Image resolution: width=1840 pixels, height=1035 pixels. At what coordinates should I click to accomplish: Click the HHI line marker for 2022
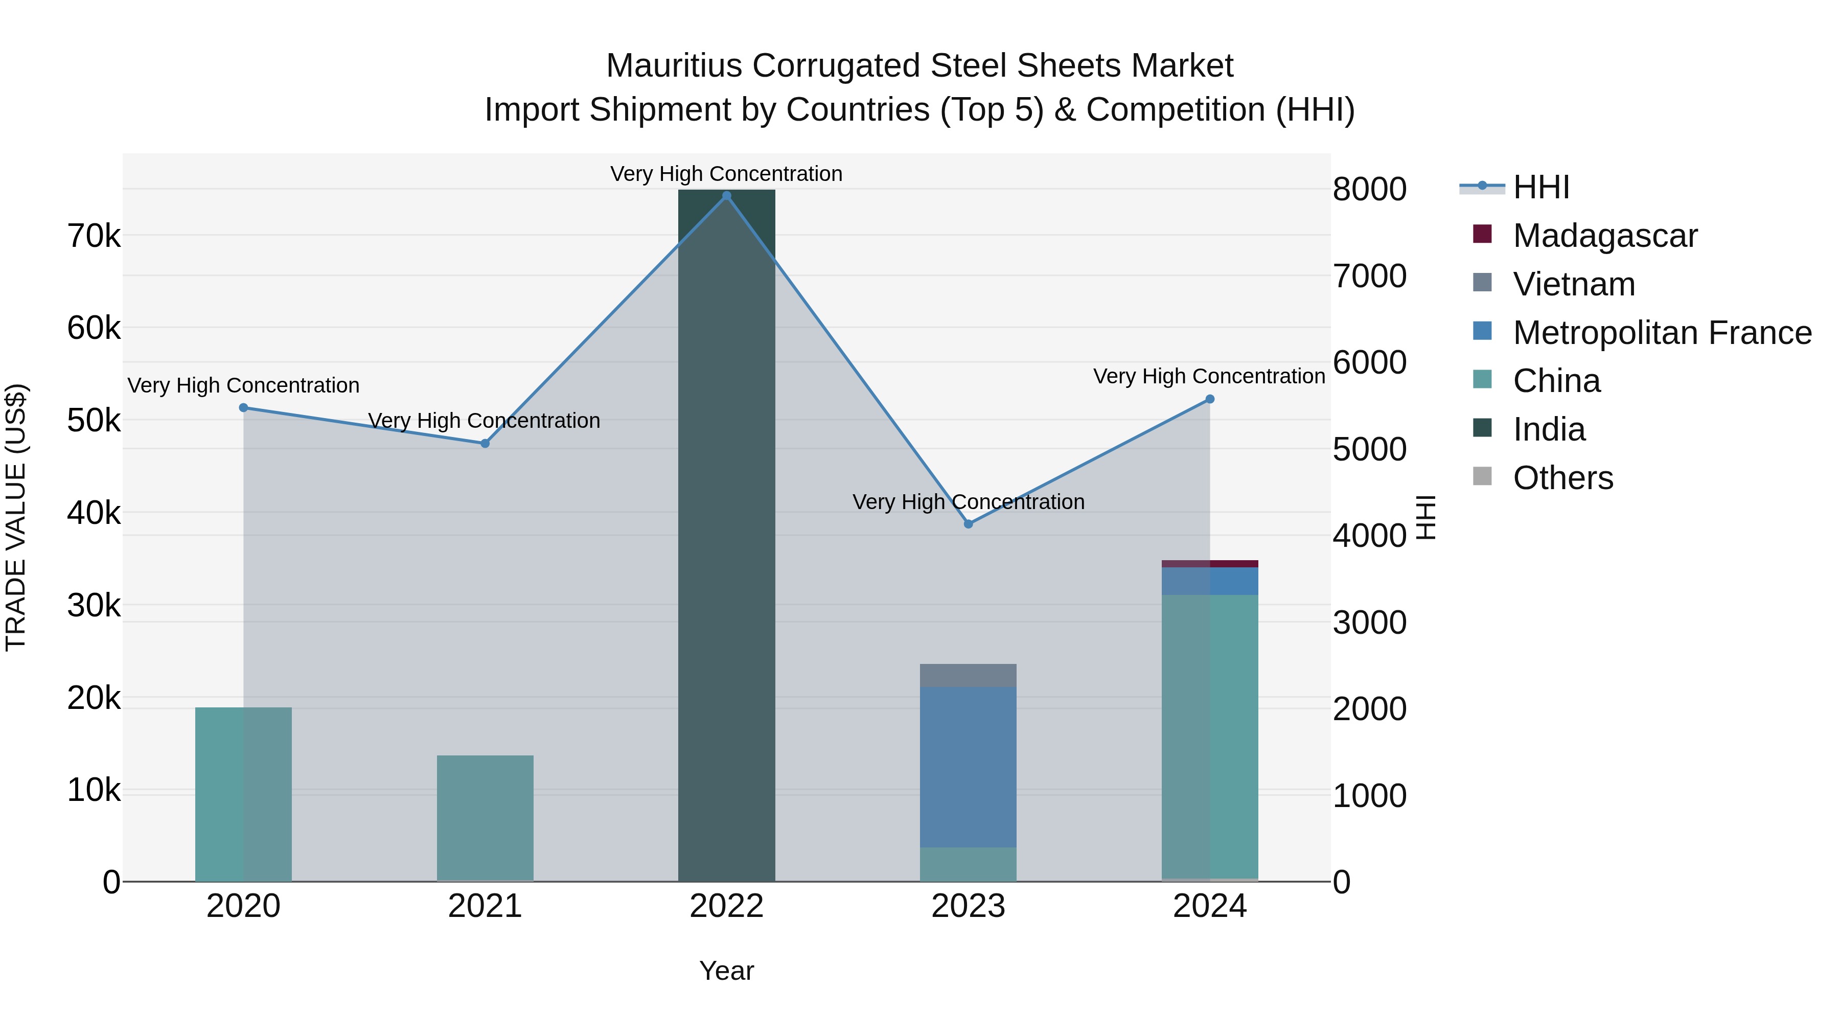pyautogui.click(x=726, y=196)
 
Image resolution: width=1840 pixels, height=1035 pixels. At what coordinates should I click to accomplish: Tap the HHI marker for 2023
pyautogui.click(x=969, y=524)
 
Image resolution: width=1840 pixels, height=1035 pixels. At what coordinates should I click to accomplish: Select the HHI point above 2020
pyautogui.click(x=244, y=408)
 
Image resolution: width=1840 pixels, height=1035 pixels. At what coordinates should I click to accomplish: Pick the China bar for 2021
pyautogui.click(x=485, y=818)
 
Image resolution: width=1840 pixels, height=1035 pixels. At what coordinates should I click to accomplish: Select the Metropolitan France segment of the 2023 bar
pyautogui.click(x=968, y=768)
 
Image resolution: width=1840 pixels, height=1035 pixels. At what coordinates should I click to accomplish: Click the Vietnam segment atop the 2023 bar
pyautogui.click(x=968, y=676)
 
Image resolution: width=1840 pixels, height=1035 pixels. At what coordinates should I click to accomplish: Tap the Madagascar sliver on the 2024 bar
pyautogui.click(x=1210, y=564)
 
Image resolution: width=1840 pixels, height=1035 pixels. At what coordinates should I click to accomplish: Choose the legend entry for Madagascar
pyautogui.click(x=1604, y=236)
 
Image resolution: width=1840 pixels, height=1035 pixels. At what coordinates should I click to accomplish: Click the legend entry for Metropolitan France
pyautogui.click(x=1662, y=333)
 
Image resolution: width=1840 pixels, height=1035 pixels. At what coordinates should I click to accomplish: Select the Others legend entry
pyautogui.click(x=1563, y=478)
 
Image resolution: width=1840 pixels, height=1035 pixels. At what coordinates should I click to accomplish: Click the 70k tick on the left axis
pyautogui.click(x=94, y=236)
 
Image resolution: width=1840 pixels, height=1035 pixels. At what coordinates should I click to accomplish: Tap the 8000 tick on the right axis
pyautogui.click(x=1369, y=189)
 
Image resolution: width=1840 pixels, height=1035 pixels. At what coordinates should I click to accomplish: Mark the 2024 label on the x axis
pyautogui.click(x=1209, y=906)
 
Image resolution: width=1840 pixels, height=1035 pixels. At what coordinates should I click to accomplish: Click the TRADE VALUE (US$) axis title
pyautogui.click(x=16, y=517)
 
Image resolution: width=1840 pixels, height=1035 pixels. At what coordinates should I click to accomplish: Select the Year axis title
pyautogui.click(x=726, y=971)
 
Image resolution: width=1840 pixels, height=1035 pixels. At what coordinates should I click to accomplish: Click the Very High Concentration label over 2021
pyautogui.click(x=485, y=421)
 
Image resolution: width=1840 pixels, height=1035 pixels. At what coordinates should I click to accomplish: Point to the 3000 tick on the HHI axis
pyautogui.click(x=1369, y=622)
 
